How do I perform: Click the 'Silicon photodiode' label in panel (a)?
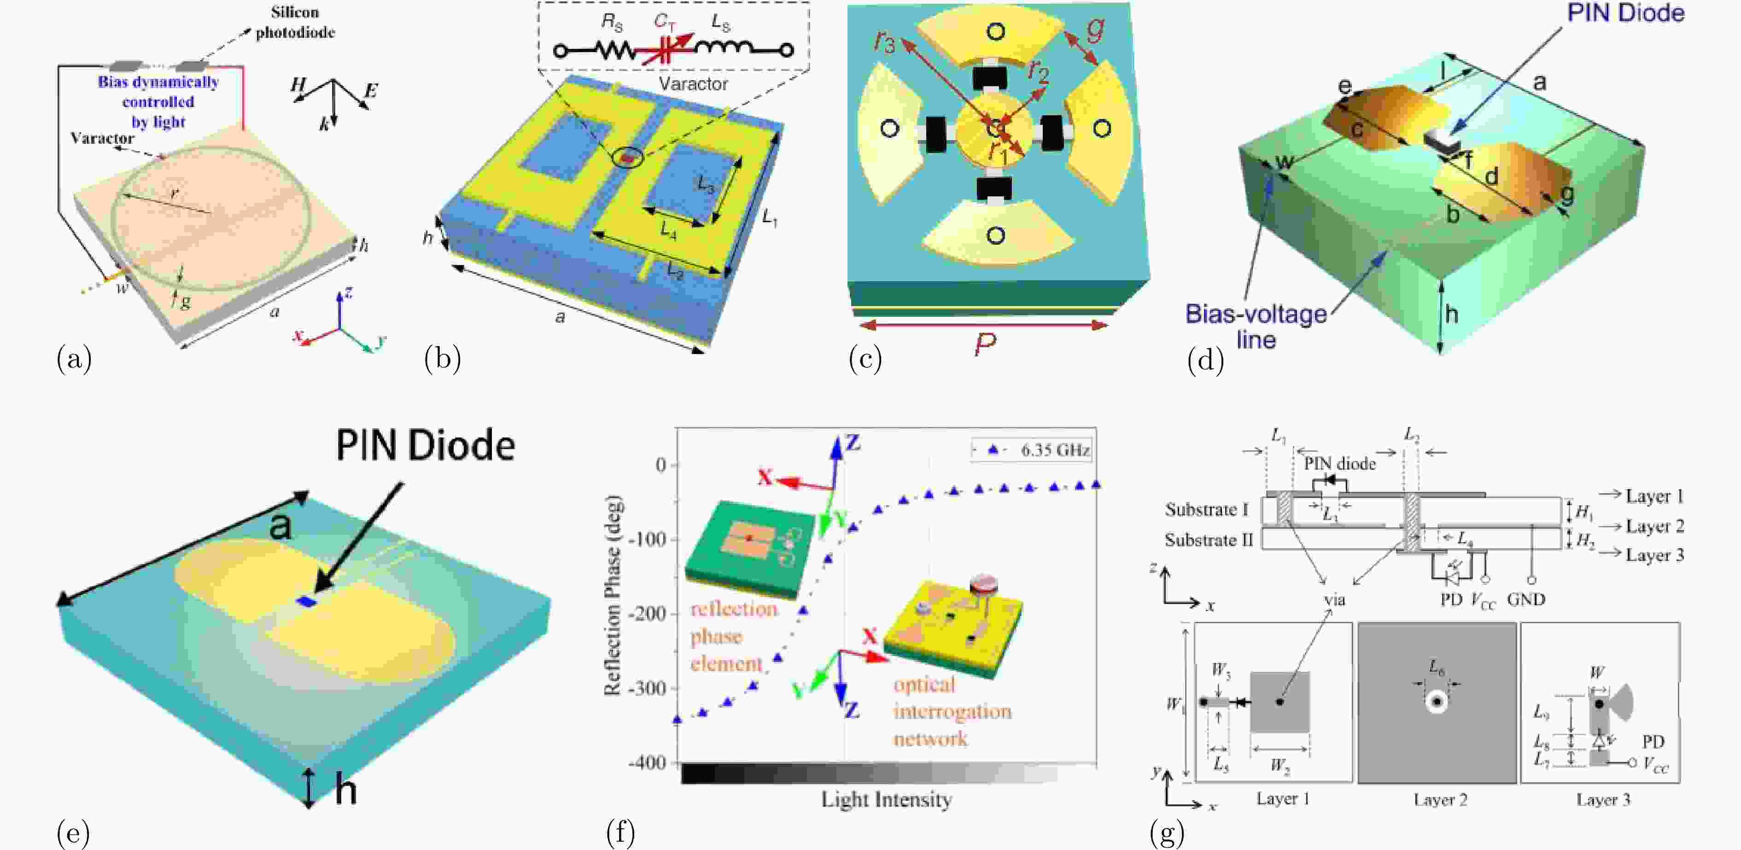[295, 22]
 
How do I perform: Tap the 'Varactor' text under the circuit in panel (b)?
[693, 84]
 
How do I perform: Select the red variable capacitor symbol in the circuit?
[668, 49]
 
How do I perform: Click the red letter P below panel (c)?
[985, 345]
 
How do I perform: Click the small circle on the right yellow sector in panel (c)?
[1102, 128]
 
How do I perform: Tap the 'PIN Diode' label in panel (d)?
[1625, 13]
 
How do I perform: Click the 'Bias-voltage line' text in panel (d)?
[1256, 326]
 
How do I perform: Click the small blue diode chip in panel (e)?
[305, 601]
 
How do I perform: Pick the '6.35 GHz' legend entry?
[1054, 450]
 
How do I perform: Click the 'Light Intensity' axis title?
[886, 800]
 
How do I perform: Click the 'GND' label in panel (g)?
[1525, 599]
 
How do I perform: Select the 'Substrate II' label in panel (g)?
[1209, 540]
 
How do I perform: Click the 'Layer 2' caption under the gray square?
[1440, 800]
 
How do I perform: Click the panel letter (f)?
[620, 832]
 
